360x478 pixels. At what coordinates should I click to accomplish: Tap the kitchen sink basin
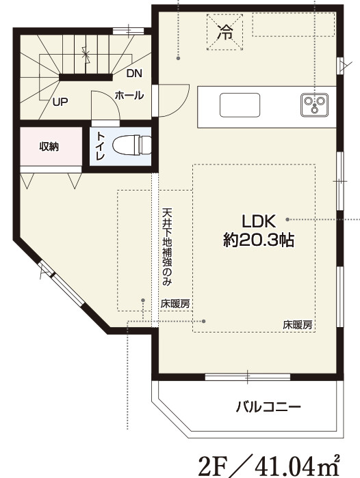239,107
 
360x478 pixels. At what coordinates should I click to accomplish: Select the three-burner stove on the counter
314,105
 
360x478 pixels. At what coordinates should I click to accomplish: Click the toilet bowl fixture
129,145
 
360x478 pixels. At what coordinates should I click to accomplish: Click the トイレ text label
100,146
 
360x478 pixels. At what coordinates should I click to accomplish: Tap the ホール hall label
129,96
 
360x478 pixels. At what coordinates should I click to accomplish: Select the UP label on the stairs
60,102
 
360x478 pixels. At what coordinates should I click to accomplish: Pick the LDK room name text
259,221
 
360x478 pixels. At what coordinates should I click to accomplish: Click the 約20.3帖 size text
259,240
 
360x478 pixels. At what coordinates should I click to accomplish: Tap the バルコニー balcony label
268,407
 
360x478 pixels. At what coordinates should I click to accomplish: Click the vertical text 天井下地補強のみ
166,246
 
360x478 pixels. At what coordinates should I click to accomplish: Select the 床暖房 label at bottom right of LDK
298,325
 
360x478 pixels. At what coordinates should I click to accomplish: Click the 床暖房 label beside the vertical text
175,303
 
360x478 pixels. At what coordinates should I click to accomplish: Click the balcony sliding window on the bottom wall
248,375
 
